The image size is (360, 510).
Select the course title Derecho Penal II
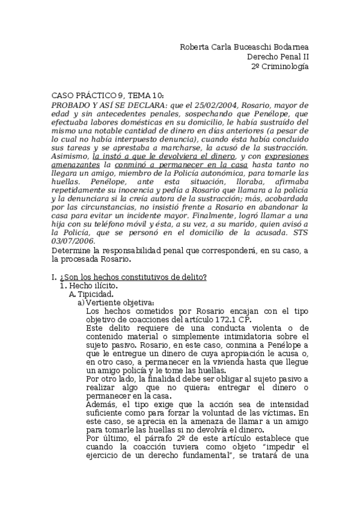(x=278, y=57)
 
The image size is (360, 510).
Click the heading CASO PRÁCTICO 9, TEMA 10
(x=107, y=96)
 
